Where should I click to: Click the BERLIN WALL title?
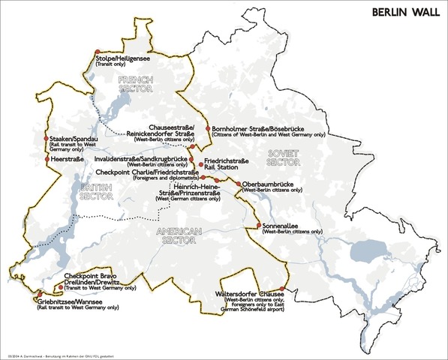[x=404, y=13]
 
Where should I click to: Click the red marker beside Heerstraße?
[x=47, y=159]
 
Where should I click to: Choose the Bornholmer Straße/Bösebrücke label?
[x=257, y=128]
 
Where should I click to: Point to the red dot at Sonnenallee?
[x=258, y=226]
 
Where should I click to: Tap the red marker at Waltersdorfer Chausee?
[x=283, y=289]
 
